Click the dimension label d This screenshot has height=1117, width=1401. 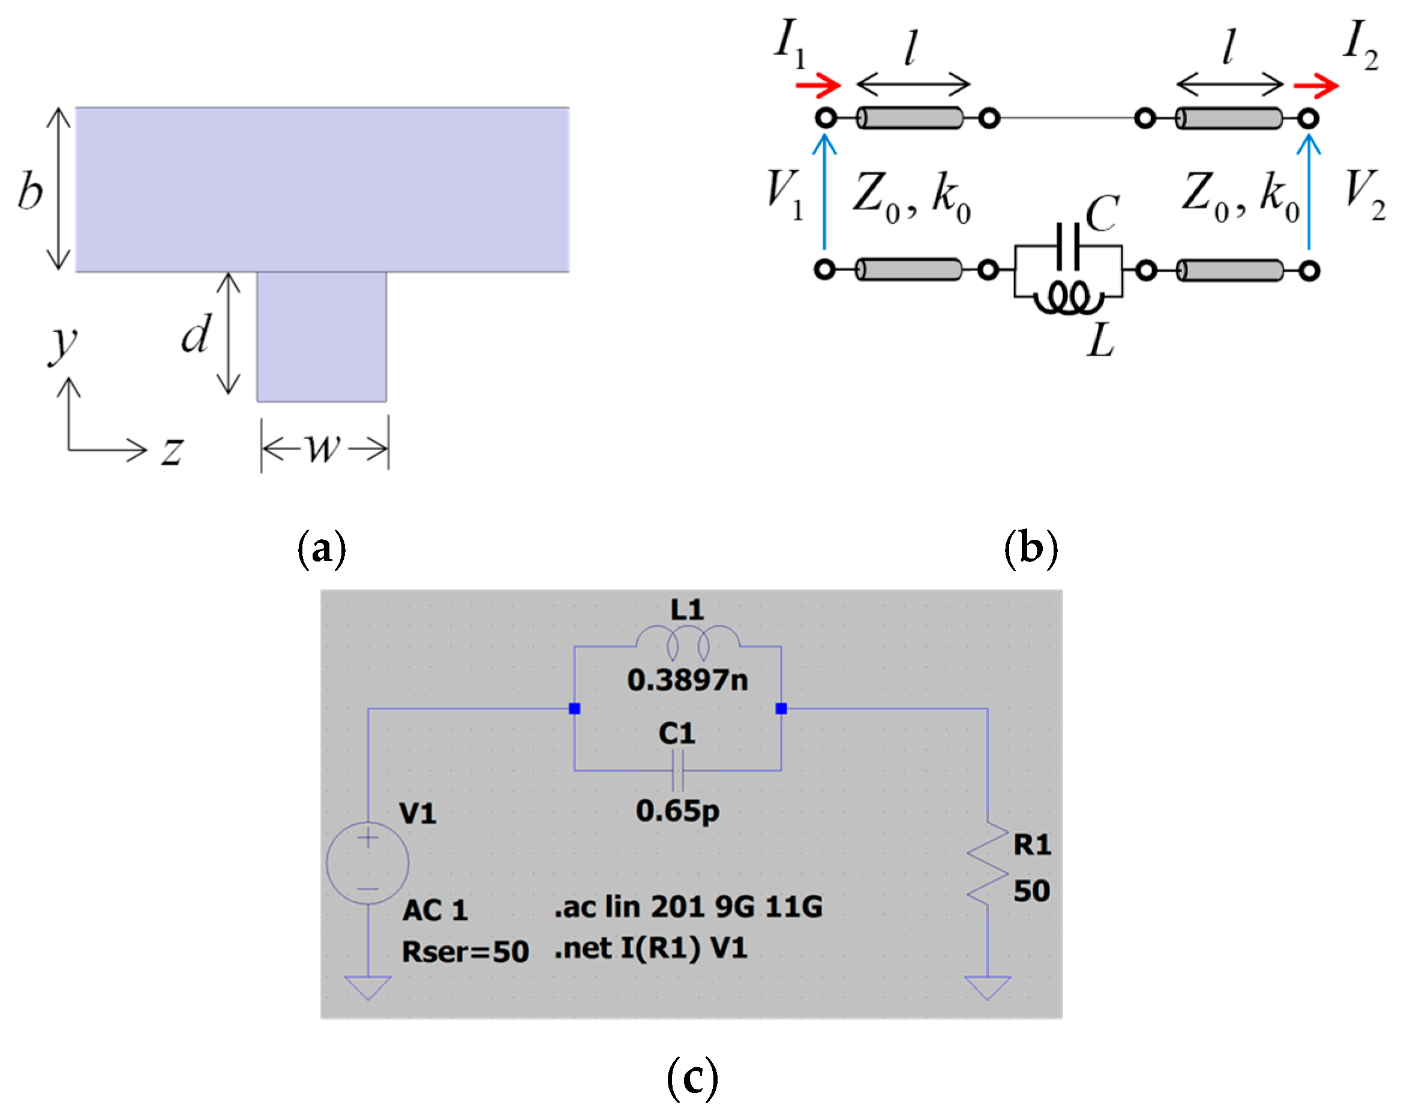tap(196, 334)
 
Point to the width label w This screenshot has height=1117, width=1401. tap(323, 448)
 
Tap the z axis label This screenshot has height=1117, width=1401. tap(172, 450)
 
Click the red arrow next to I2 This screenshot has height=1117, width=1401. tap(1316, 85)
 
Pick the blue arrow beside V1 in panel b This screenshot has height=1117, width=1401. tap(824, 192)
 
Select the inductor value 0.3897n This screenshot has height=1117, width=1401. tap(688, 680)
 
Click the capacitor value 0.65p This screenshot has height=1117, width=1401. tap(678, 811)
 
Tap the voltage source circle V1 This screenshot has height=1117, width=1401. tap(368, 863)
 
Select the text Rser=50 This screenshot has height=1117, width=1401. tap(465, 952)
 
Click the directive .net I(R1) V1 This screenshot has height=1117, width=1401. tap(650, 948)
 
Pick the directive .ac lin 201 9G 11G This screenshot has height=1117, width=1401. tap(688, 906)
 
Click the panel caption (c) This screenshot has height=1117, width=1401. tap(692, 1079)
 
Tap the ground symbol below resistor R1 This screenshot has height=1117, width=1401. tap(988, 986)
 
